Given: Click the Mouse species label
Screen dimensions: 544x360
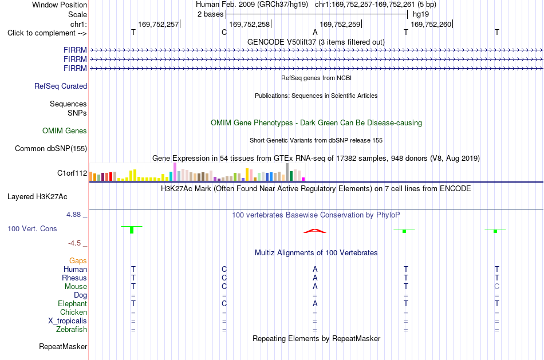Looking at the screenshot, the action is coord(76,287).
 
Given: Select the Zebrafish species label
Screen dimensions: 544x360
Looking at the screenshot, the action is coord(72,330).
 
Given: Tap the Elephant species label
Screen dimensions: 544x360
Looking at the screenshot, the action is coord(73,304).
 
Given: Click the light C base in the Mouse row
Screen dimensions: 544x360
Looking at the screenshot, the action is coord(497,287).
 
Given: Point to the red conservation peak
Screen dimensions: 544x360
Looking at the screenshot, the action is coord(315,231).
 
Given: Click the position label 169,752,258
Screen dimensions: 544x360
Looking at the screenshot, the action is coord(250,24).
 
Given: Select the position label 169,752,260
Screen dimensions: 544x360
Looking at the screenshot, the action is coord(431,24).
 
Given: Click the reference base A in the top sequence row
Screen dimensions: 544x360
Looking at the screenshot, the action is coord(315,32).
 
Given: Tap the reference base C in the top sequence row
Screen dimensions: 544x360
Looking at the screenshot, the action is coord(224,32).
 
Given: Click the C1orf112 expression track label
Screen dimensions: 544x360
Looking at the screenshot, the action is coord(72,173).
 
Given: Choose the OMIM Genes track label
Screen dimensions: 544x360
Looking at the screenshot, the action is coord(65,130).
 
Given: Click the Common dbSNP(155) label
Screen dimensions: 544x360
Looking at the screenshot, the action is coord(51,148).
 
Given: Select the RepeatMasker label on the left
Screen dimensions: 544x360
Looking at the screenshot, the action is coord(63,346).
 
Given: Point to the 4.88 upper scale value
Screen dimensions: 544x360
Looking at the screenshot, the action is coord(73,215).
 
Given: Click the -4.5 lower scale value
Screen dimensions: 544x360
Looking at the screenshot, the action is coord(74,243).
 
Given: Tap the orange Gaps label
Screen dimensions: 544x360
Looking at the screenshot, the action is coord(78,261).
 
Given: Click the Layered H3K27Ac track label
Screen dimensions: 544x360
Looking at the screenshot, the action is coord(37,197).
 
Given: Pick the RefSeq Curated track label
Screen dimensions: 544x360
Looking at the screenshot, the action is coord(61,86).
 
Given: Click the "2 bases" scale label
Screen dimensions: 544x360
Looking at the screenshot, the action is coord(211,14).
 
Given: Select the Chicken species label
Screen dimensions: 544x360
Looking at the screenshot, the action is coord(73,312).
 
